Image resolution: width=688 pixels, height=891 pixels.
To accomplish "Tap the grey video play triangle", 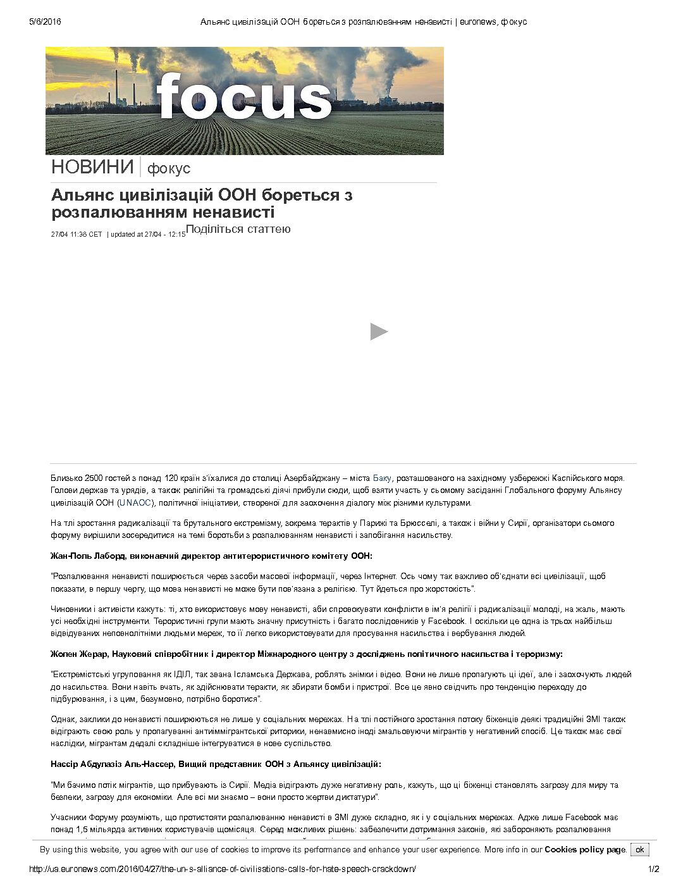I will tap(379, 332).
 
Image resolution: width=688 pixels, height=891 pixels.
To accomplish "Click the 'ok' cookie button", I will tap(639, 849).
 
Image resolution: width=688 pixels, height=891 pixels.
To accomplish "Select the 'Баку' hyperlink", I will tap(382, 478).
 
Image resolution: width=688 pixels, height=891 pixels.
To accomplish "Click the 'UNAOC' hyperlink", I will tap(135, 502).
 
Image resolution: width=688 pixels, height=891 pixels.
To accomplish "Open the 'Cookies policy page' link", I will tap(585, 849).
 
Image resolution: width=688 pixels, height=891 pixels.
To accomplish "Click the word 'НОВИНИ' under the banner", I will tap(92, 167).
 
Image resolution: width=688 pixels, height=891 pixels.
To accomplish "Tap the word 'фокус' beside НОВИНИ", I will tap(168, 169).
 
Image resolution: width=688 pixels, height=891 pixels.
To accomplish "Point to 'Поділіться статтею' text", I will tap(238, 229).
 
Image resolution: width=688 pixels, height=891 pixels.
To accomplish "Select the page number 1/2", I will tap(653, 869).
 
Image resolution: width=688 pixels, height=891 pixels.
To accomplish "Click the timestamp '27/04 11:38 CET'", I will tap(77, 234).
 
